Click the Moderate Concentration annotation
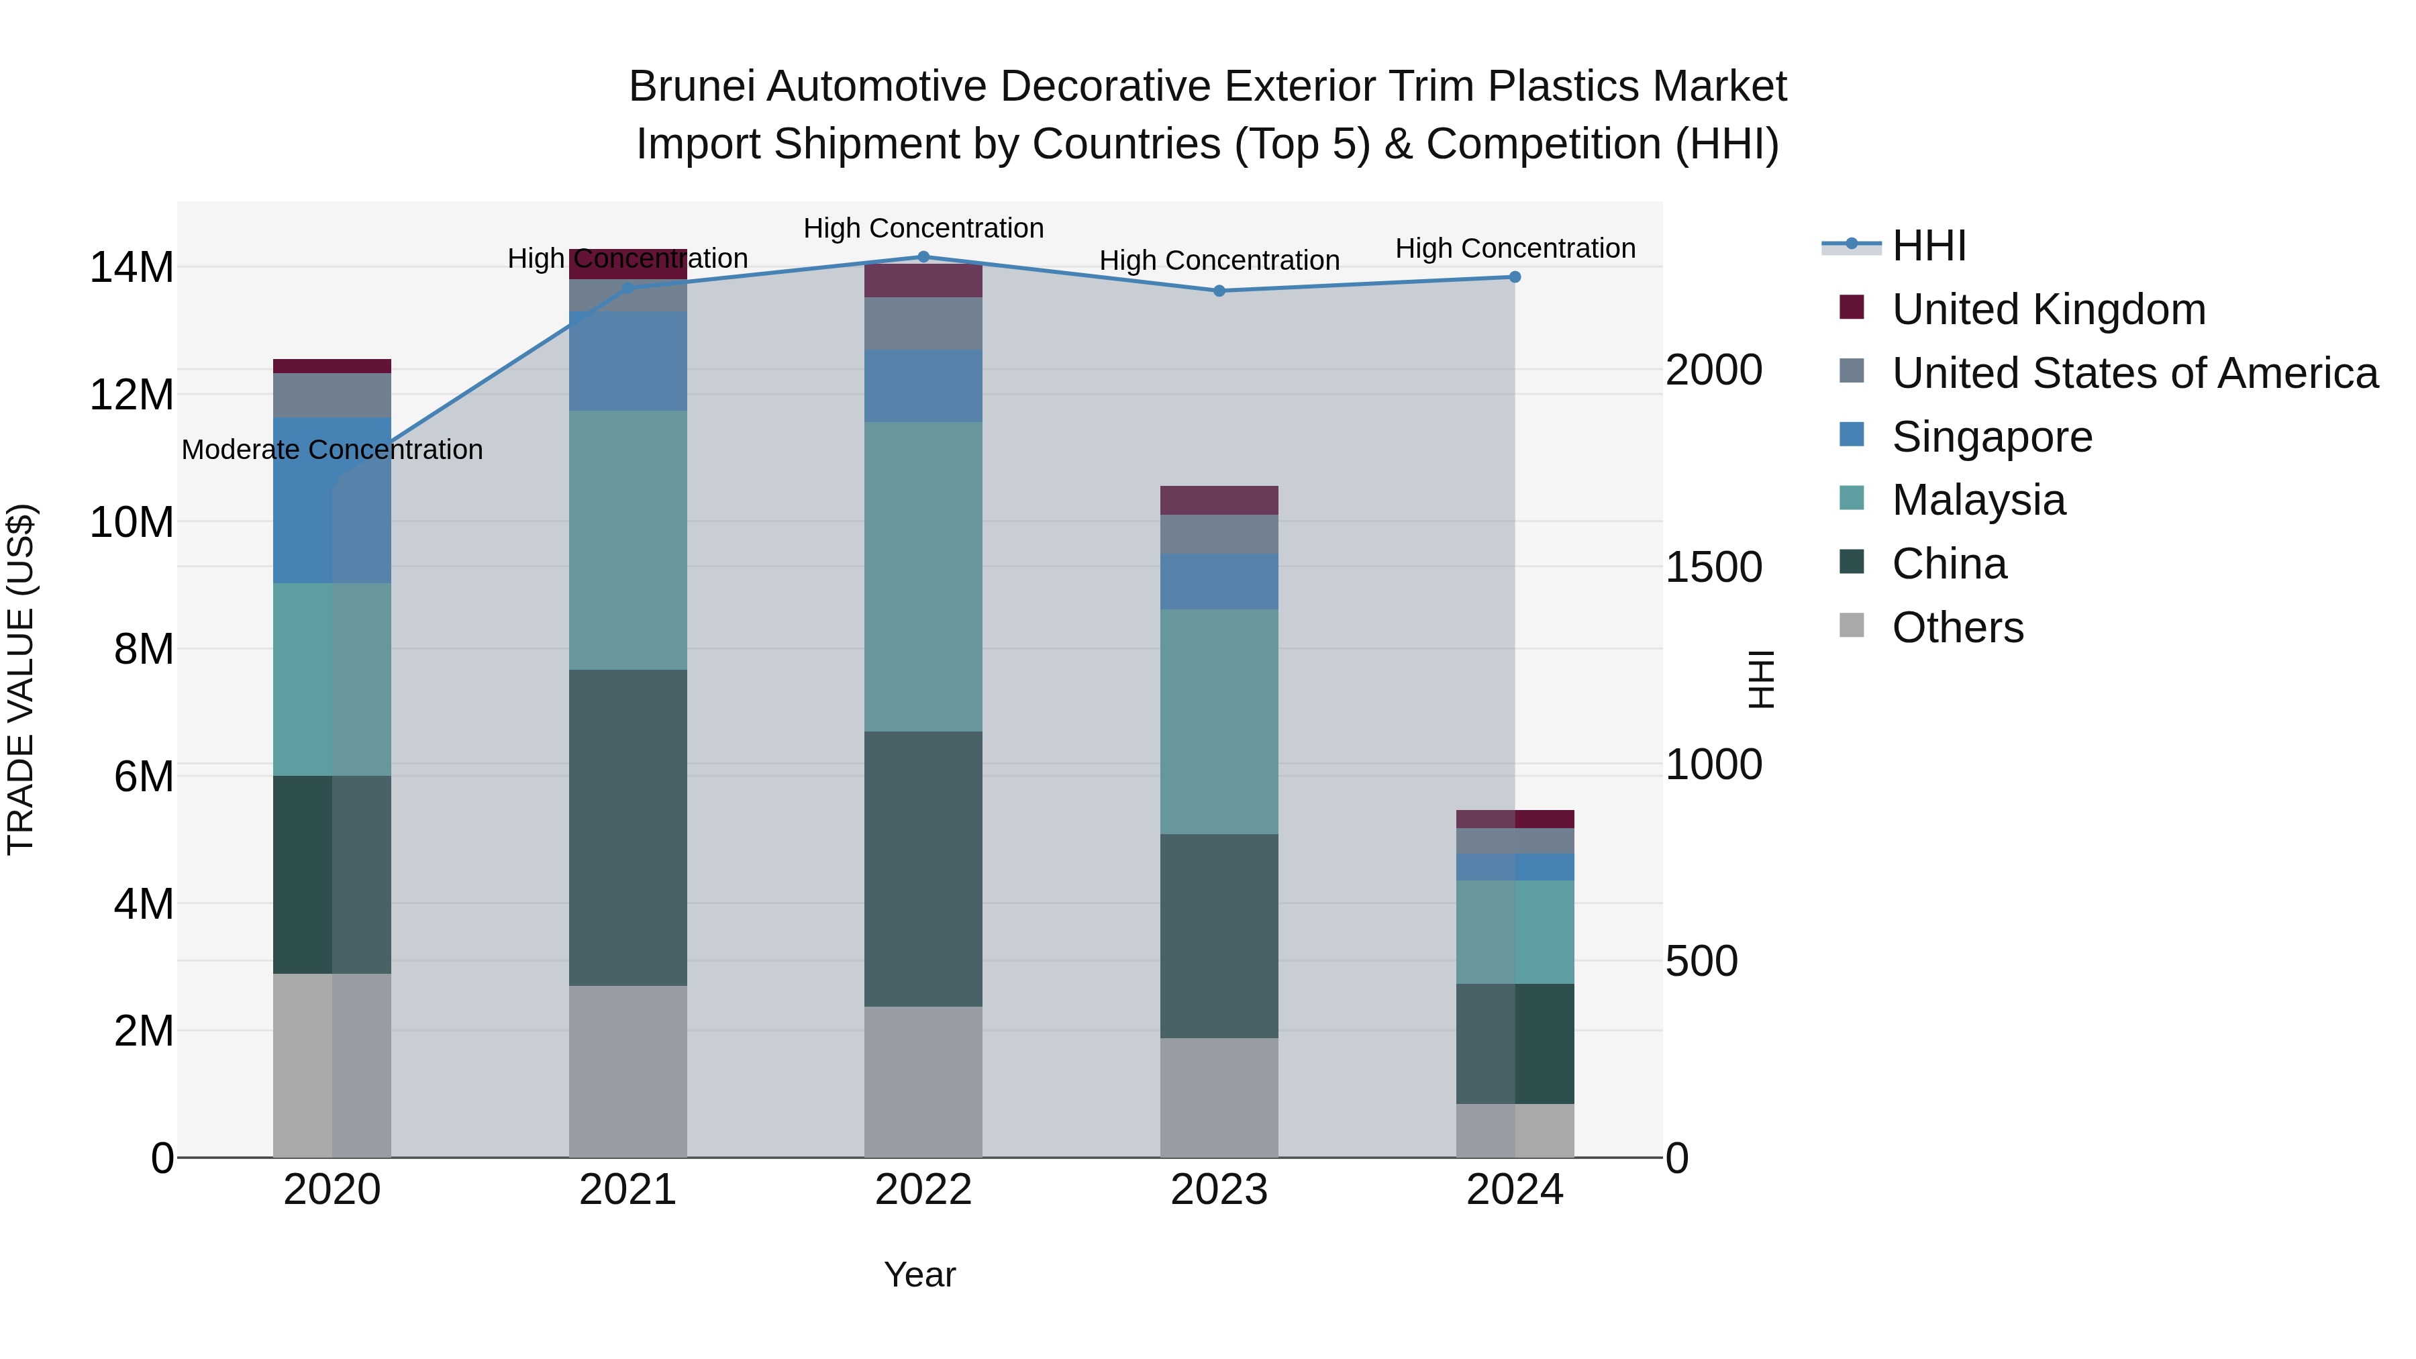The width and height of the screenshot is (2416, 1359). (x=332, y=450)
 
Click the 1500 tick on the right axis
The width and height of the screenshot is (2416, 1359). (x=1713, y=567)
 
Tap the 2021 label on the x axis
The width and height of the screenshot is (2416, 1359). (x=627, y=1190)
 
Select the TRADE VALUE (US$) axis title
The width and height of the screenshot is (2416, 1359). (x=21, y=679)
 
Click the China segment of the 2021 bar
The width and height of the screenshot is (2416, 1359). (x=627, y=827)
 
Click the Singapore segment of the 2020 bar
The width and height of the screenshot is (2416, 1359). (x=332, y=501)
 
